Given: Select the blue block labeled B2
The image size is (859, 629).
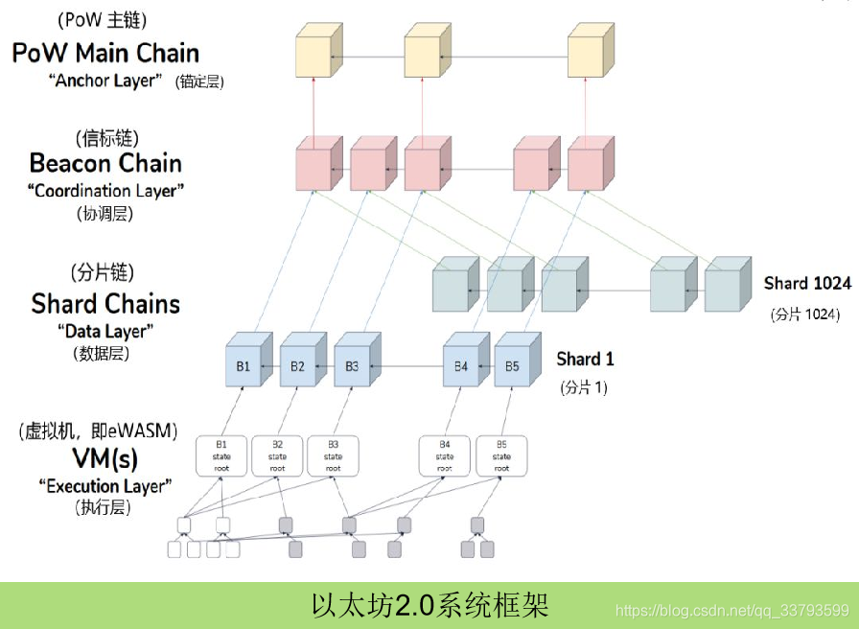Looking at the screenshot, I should tap(298, 366).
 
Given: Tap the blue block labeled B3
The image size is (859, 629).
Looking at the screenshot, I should tap(353, 366).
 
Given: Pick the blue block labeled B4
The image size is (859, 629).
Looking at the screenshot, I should tap(461, 366).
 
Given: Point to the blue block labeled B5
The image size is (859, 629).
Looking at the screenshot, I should tap(513, 366).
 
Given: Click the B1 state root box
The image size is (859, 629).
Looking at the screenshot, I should tap(221, 455).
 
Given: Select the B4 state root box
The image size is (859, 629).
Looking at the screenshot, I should tap(445, 455).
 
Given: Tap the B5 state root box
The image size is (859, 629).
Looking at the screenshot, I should tap(501, 455).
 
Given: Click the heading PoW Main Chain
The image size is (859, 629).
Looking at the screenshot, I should tap(105, 53).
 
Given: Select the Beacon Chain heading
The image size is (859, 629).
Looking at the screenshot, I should tap(105, 162).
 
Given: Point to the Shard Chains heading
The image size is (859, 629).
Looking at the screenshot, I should tap(105, 304).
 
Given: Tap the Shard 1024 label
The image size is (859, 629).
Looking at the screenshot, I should tap(807, 284).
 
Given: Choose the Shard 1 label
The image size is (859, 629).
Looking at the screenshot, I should tap(585, 360).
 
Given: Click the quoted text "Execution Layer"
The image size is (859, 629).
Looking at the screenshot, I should tap(105, 486).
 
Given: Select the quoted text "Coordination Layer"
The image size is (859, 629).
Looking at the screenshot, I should tap(105, 191).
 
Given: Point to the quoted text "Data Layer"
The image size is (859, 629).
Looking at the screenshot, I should tap(105, 331).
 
